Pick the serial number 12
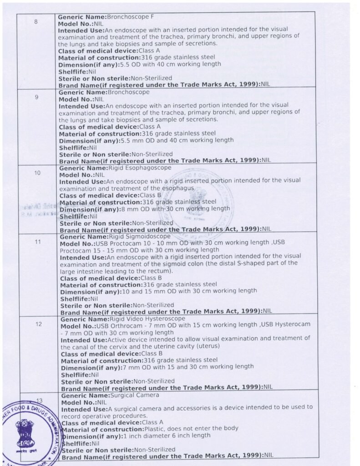click(39, 324)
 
